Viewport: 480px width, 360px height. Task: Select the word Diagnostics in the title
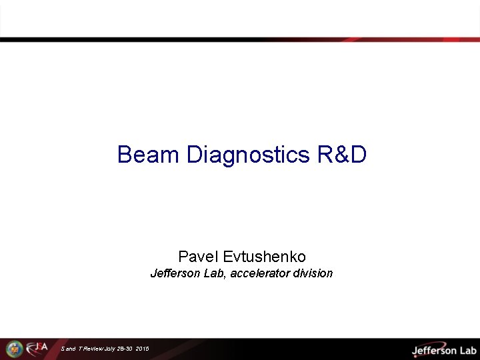[248, 155]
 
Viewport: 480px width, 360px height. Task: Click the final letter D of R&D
[358, 155]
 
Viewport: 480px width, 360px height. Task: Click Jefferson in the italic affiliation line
[174, 273]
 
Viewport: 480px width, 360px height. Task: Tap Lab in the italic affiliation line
[214, 273]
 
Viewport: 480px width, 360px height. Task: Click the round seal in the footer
[14, 349]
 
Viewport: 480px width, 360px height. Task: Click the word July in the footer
[110, 349]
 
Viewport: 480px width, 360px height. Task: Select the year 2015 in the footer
[141, 349]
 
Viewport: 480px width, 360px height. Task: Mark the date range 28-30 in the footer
[125, 349]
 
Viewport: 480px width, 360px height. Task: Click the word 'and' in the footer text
[70, 349]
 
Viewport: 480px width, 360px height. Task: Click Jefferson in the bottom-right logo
[434, 350]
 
